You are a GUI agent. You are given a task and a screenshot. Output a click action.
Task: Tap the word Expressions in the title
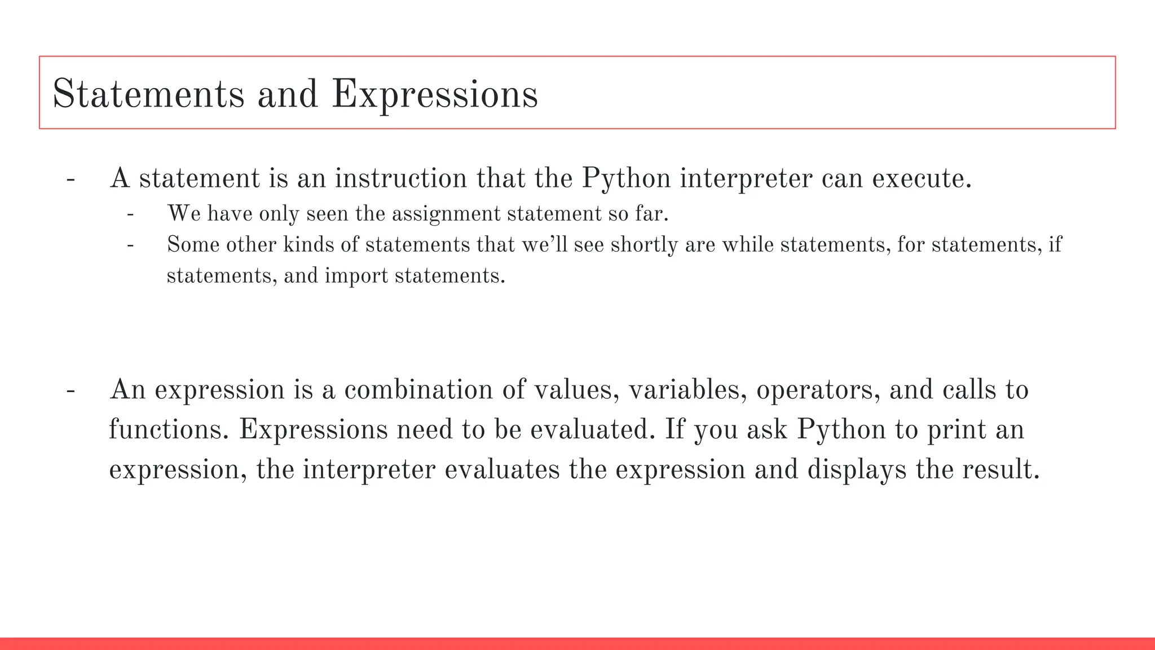click(x=435, y=94)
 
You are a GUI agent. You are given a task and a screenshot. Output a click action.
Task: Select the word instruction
click(x=400, y=178)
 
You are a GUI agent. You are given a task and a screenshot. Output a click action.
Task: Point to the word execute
click(x=922, y=178)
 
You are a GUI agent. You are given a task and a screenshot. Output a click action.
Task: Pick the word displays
click(x=857, y=469)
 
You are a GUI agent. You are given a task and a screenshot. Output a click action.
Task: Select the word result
click(x=1000, y=469)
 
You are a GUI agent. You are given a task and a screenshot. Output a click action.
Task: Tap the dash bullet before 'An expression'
click(x=70, y=391)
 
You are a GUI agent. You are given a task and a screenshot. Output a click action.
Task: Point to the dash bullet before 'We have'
click(x=130, y=215)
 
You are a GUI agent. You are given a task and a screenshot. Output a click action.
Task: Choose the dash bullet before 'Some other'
click(x=130, y=246)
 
